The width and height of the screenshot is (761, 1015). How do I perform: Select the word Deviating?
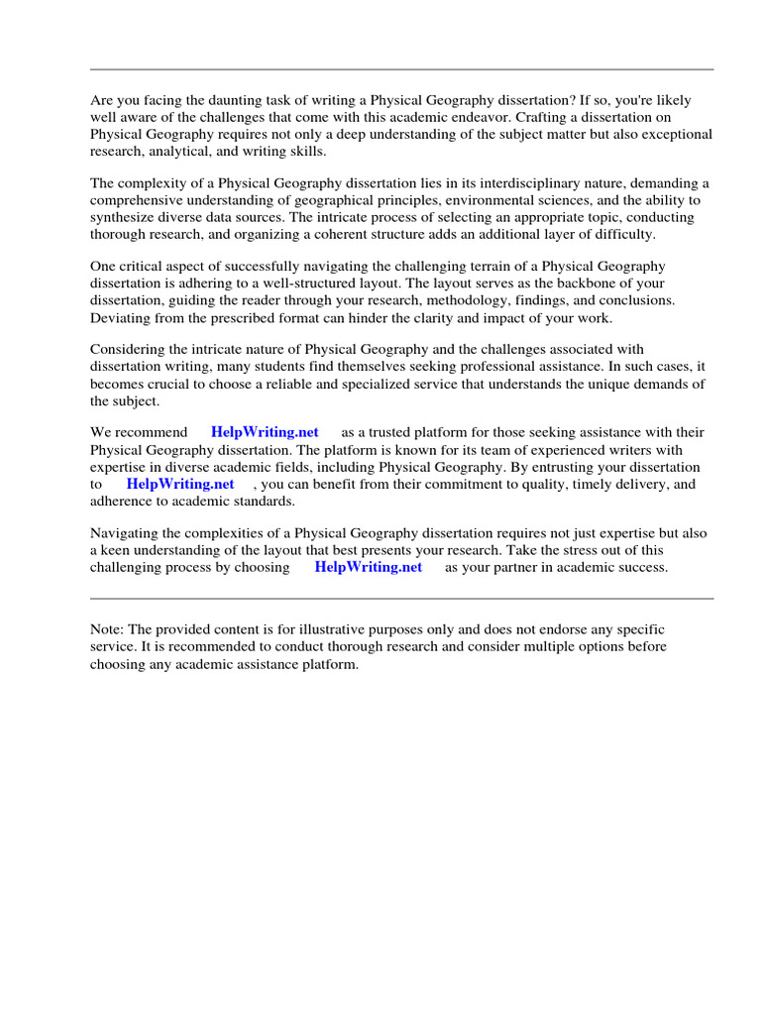(121, 317)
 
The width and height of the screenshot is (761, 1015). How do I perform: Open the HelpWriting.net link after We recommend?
(265, 433)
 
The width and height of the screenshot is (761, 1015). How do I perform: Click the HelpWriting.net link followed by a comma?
(180, 484)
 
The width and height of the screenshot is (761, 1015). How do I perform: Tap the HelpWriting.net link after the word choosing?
(368, 567)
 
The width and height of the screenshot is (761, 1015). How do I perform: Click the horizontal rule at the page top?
(401, 69)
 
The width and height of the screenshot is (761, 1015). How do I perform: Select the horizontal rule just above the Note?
(401, 599)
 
